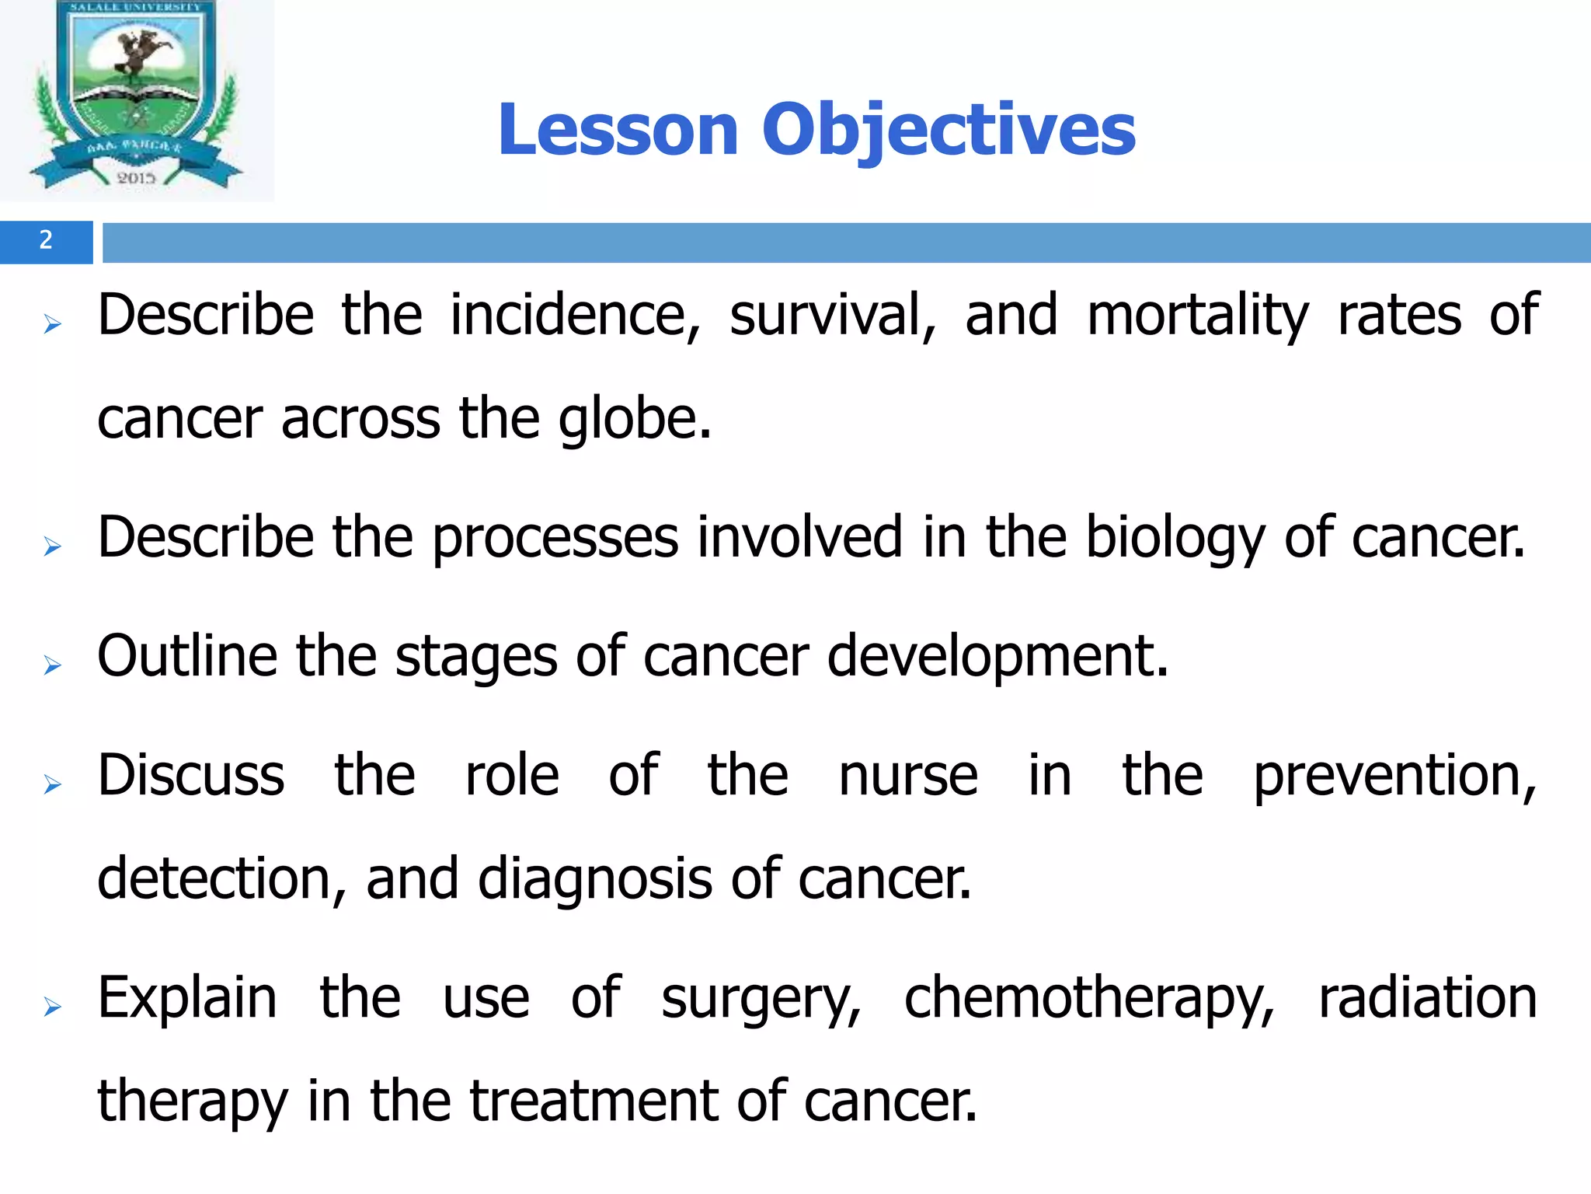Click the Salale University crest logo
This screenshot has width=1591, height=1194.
[137, 97]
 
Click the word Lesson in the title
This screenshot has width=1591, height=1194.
[618, 130]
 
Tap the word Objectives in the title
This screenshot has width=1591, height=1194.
[949, 130]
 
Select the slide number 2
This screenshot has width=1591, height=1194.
[46, 241]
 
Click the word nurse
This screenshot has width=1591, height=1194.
[908, 775]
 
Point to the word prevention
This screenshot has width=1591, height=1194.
[1395, 775]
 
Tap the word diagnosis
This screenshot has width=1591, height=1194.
[595, 878]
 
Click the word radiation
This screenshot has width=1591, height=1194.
[1428, 997]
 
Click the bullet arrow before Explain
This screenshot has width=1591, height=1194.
[52, 1007]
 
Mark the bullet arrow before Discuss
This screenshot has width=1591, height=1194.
[52, 784]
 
